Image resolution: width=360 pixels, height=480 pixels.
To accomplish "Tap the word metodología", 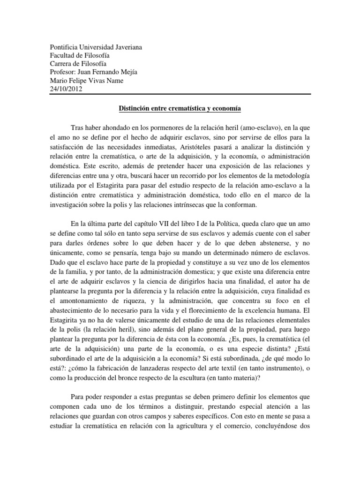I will click(x=290, y=175).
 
